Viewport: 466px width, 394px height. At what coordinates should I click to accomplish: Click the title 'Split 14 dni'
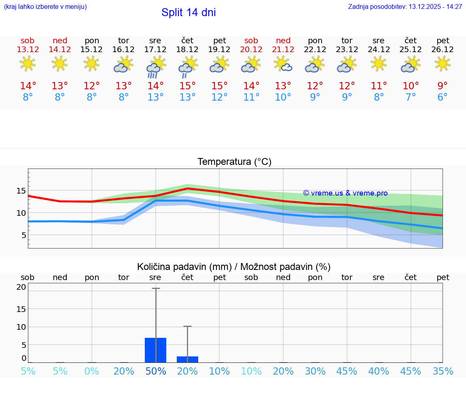189,13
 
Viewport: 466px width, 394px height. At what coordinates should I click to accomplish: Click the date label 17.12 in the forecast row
155,50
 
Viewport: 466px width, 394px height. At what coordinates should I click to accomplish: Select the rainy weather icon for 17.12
155,67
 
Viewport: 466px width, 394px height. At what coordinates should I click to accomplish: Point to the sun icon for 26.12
443,64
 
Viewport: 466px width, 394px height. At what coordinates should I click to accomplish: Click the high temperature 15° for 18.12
187,86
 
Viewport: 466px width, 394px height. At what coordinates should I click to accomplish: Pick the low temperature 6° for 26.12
443,97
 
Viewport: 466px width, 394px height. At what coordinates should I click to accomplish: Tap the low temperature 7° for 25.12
411,97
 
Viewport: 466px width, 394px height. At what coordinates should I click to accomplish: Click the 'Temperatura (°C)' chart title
234,162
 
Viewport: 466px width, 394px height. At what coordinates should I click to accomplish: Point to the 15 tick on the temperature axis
21,191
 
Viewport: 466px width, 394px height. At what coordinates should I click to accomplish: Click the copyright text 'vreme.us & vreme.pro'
345,193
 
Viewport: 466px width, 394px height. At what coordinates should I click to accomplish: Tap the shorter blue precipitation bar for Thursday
187,359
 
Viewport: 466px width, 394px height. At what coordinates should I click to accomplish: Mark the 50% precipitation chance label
156,371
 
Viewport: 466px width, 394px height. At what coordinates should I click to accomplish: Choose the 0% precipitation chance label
92,371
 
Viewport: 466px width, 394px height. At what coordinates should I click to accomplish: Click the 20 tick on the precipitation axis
21,287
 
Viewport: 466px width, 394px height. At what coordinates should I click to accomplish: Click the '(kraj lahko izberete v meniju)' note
45,7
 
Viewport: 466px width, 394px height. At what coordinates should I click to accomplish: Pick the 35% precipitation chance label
443,371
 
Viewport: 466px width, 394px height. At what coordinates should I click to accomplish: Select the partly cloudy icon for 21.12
283,64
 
